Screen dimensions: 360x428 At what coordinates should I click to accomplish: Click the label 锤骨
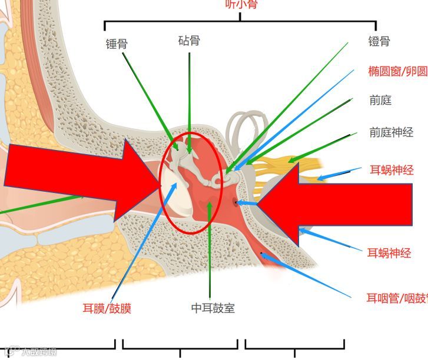pyautogui.click(x=116, y=44)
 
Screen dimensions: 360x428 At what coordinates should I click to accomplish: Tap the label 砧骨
pyautogui.click(x=189, y=41)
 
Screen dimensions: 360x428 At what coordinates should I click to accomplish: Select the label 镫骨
pyautogui.click(x=379, y=41)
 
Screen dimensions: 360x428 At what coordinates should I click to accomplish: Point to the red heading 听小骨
pyautogui.click(x=241, y=5)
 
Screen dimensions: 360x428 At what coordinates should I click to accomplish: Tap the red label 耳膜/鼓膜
pyautogui.click(x=107, y=308)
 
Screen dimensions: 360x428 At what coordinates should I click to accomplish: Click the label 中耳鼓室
pyautogui.click(x=213, y=308)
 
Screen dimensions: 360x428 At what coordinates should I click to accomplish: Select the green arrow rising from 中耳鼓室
pyautogui.click(x=210, y=247)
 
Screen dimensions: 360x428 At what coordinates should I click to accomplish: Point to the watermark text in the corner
pyautogui.click(x=32, y=352)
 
